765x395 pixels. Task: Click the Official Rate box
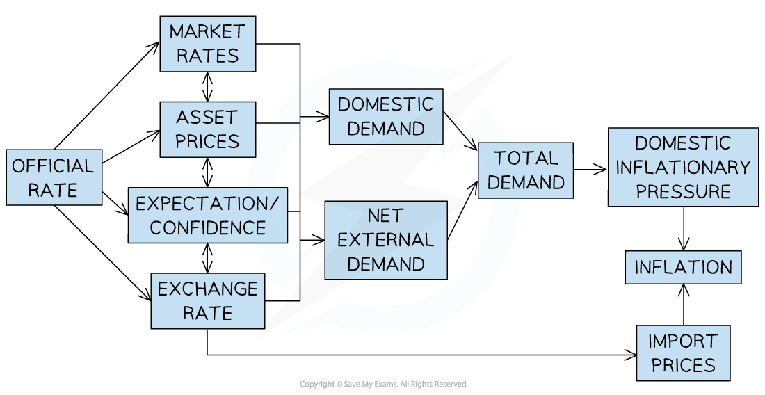pos(54,177)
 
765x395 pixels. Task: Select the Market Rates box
pos(207,44)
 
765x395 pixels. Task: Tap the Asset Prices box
pos(207,129)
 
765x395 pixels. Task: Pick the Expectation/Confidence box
pos(207,216)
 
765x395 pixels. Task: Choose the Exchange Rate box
pos(207,300)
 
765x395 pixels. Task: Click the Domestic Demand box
pos(385,117)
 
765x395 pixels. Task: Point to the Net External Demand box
pos(385,240)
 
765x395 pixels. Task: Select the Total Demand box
pos(526,170)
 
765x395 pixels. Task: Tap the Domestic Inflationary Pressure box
pos(683,167)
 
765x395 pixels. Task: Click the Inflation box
pos(683,268)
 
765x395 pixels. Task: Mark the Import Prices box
pos(683,353)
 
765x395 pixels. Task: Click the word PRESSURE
pos(683,191)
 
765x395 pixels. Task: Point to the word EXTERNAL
pos(385,240)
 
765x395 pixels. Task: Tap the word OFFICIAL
pos(54,166)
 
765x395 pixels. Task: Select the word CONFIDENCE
pos(207,227)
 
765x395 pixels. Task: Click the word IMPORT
pos(683,341)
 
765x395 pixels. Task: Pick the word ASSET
pos(207,117)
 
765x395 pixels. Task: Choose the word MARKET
pos(207,32)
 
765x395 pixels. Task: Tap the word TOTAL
pos(526,159)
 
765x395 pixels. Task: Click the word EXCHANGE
pos(207,289)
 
